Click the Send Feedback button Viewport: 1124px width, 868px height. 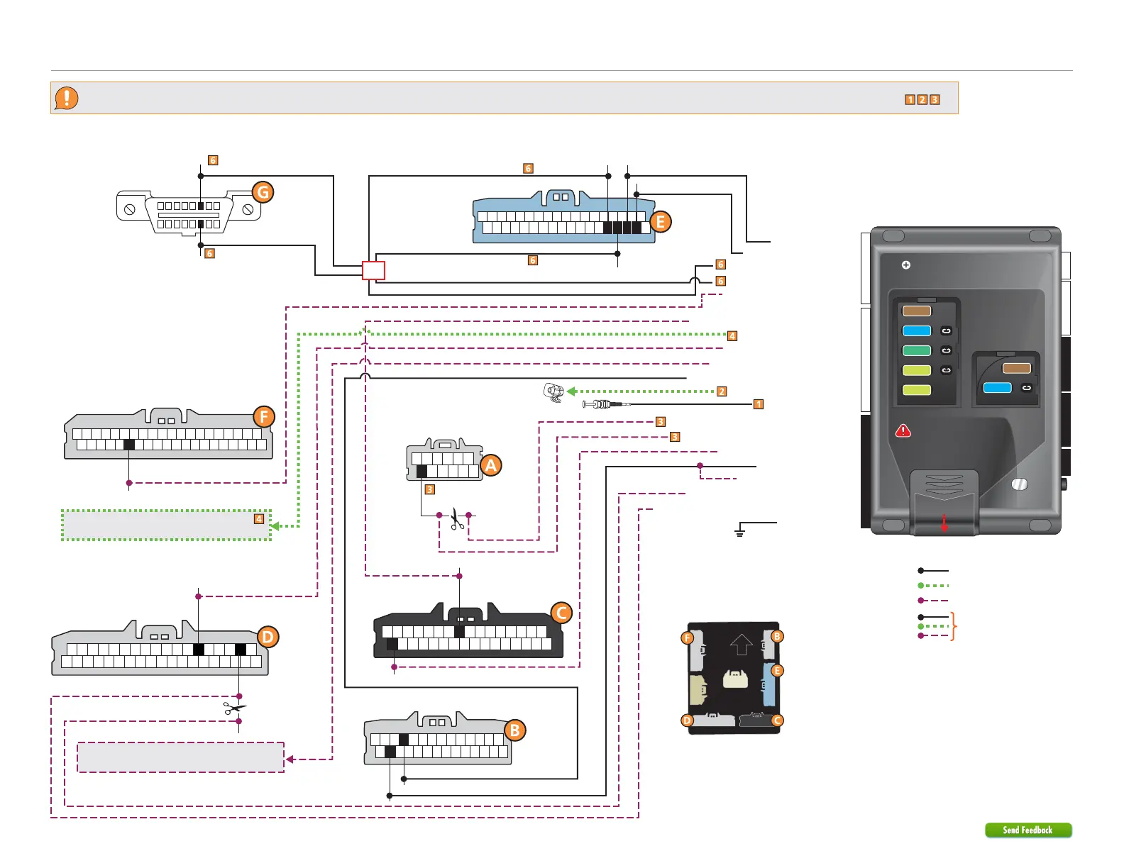click(x=1027, y=830)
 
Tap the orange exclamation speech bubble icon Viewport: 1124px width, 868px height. click(x=67, y=98)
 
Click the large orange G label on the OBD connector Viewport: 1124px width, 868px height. click(x=263, y=192)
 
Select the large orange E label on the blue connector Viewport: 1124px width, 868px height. click(x=660, y=222)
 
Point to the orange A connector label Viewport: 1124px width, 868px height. click(x=490, y=465)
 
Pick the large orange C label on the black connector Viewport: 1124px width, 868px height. click(x=561, y=613)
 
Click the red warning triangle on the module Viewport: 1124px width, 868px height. click(x=903, y=430)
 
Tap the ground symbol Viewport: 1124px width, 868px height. click(x=739, y=530)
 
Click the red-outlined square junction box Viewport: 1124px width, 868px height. click(x=373, y=270)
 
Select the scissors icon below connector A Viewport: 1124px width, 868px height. click(x=456, y=520)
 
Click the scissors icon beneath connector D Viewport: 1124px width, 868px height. click(x=235, y=708)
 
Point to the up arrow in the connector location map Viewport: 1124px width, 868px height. click(x=741, y=645)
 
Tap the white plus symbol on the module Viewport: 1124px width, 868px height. click(x=905, y=265)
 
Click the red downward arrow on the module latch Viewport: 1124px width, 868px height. click(x=944, y=523)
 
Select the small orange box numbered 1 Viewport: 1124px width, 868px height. click(x=758, y=404)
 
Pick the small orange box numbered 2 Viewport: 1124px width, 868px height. click(x=721, y=391)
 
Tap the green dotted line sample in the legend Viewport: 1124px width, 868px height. click(x=934, y=586)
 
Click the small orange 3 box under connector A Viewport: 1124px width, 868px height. click(x=429, y=489)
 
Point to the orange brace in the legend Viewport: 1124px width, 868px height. click(x=954, y=626)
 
